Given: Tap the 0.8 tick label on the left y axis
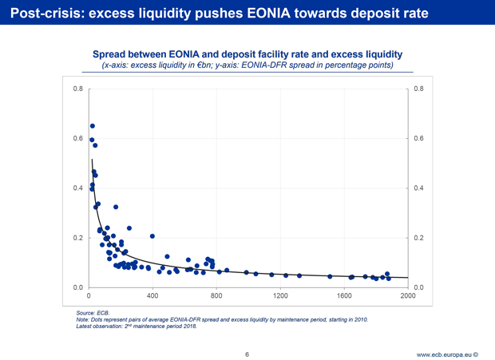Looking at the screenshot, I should coord(77,89).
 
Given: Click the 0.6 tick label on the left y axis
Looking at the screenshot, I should coord(77,138).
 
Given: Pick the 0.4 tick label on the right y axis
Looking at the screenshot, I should coord(420,188).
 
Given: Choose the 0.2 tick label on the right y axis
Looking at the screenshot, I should coord(420,238).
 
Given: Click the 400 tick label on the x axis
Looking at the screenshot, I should coord(152,297).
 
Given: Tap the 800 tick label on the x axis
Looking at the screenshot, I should coord(216,297).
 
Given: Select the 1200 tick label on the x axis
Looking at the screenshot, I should coord(280,297).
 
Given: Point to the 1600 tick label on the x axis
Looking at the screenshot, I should coord(344,297).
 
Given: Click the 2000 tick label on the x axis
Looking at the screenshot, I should coord(408,297).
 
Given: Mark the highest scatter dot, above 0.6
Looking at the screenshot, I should coord(93,126).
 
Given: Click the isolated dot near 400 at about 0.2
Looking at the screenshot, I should coord(152,236).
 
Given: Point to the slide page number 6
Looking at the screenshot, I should coord(247,353).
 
